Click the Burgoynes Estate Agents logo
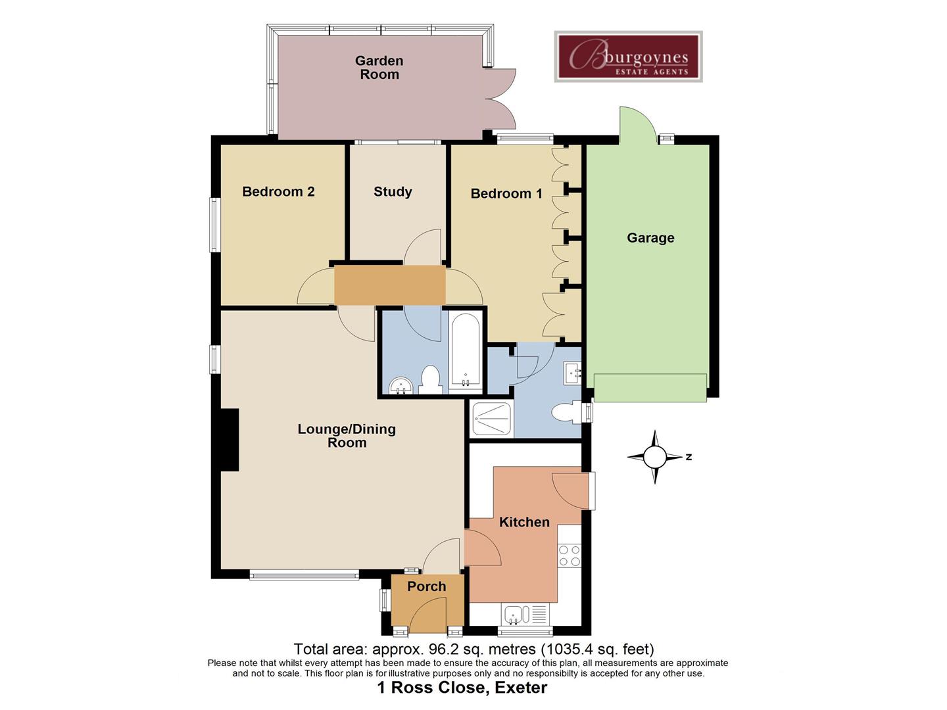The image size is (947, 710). pos(628,57)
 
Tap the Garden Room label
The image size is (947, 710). pos(379,68)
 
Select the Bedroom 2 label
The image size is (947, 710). pos(278,192)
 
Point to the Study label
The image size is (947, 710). pos(393,192)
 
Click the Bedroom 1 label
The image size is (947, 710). pos(506,193)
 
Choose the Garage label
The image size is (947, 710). pos(650,238)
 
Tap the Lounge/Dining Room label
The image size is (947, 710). pos(347,436)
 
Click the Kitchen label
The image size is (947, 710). pos(524,522)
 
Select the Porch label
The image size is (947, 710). pos(426,586)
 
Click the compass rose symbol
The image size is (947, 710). pos(654,457)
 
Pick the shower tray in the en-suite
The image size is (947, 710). pos(492,419)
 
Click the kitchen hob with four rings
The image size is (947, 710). pos(570,556)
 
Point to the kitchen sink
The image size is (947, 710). pos(514,615)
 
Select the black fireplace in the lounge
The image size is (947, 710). pos(230,440)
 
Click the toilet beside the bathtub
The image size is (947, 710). pos(430,380)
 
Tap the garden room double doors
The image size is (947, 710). pos(500,99)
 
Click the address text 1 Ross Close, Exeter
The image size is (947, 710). pos(462,688)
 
